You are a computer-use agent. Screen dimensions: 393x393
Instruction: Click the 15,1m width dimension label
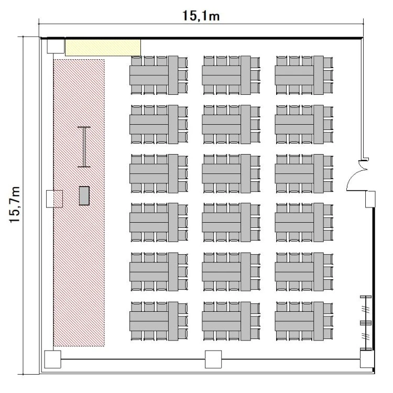201,16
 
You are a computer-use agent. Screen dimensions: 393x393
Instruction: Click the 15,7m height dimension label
15,204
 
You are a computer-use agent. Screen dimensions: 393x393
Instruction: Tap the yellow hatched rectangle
103,47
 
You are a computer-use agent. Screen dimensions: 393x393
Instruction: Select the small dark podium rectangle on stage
84,196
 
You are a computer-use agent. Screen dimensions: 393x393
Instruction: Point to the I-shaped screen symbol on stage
84,147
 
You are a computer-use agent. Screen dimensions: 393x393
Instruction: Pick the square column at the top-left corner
56,46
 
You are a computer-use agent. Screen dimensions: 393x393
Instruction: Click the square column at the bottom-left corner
52,359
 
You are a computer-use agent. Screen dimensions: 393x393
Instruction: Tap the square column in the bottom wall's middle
213,359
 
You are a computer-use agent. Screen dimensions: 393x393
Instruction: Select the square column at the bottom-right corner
367,359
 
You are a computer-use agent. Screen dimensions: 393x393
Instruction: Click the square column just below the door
370,199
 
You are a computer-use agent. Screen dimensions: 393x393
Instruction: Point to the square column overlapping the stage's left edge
54,199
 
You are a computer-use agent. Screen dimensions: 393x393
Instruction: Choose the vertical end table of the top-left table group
173,75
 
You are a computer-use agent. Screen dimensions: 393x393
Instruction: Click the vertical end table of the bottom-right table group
318,321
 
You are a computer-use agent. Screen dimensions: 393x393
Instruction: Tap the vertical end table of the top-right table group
318,75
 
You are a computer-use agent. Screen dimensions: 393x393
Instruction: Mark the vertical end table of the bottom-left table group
173,321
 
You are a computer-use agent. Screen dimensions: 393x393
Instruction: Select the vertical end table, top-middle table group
246,75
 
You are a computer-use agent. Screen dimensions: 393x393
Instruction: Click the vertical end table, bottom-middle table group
246,321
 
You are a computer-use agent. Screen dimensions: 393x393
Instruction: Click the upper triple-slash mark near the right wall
366,309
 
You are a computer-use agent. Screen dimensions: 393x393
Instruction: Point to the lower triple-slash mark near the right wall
366,336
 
